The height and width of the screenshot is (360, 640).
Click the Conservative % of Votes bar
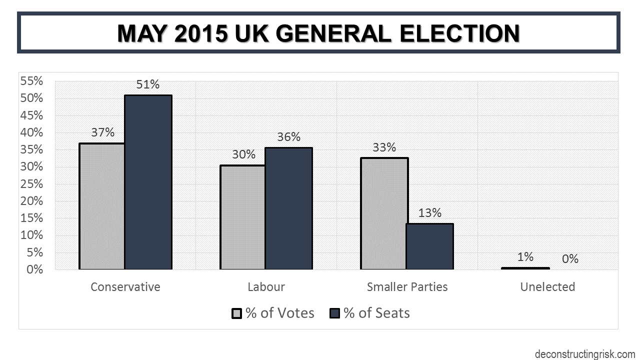tap(102, 206)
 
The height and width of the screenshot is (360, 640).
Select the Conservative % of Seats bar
tap(148, 182)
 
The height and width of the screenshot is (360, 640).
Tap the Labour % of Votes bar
tap(243, 217)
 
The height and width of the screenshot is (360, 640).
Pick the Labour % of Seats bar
tap(288, 208)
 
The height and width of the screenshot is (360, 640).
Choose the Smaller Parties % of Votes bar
tap(384, 213)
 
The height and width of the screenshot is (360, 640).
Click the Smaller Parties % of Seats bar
tap(429, 246)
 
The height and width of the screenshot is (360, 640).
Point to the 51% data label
tap(147, 84)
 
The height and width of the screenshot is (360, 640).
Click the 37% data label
tap(102, 132)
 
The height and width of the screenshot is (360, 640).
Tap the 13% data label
tap(429, 213)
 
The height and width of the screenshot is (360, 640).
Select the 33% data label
tap(384, 147)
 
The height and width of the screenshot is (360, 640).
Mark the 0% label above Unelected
tap(570, 259)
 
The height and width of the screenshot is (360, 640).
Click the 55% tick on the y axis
tap(31, 81)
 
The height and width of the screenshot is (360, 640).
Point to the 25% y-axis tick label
tap(31, 184)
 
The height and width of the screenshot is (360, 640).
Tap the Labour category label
tap(266, 287)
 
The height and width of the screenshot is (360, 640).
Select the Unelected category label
tap(547, 287)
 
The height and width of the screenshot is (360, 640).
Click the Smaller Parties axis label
tap(407, 287)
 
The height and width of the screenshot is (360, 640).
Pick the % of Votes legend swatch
tap(237, 313)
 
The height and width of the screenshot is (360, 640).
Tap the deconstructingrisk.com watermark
tap(584, 354)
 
